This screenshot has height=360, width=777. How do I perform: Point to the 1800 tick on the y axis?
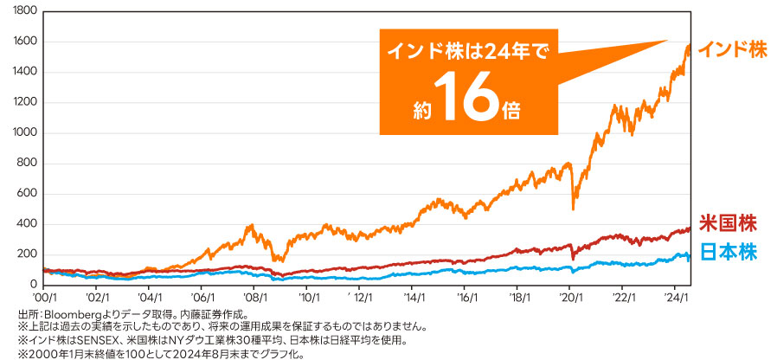tap(27, 11)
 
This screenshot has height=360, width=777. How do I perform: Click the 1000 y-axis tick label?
tap(27, 132)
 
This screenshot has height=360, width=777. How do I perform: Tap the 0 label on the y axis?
tap(35, 285)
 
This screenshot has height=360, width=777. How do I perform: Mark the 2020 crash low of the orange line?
tap(573, 208)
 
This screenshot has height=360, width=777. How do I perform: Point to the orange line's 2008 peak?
tap(251, 226)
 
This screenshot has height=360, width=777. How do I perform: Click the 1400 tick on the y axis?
tap(27, 72)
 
